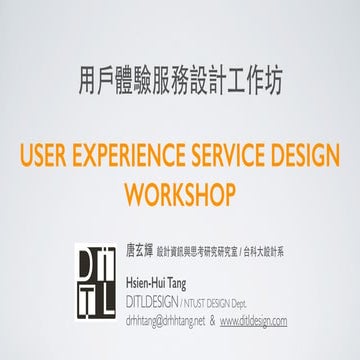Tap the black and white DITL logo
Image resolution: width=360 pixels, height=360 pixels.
coord(100,284)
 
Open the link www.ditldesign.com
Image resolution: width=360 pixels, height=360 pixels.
coord(253,321)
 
